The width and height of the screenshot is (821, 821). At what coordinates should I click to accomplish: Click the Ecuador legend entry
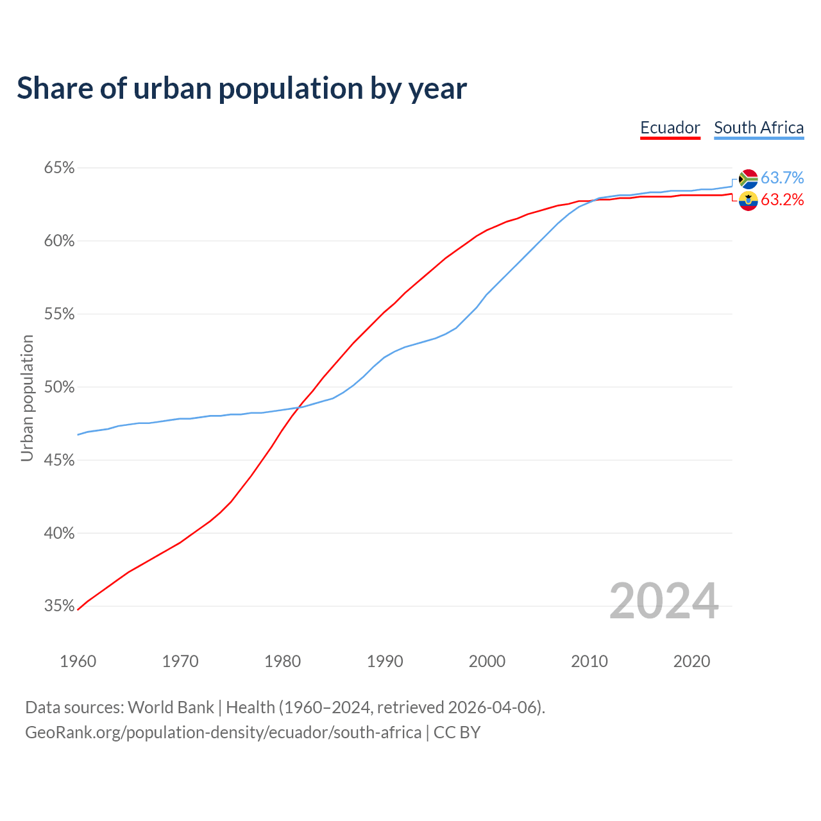[x=670, y=128]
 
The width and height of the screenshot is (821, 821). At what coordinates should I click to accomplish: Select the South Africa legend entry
[x=759, y=128]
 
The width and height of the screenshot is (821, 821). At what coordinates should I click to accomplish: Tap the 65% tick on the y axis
[x=59, y=168]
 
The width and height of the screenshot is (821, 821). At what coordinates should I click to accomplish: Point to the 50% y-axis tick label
[x=59, y=387]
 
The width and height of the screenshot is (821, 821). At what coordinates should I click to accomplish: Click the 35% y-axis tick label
[x=59, y=606]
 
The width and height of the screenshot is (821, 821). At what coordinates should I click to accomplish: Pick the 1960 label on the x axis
[x=78, y=661]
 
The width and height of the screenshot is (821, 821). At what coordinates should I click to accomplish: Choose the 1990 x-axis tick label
[x=385, y=661]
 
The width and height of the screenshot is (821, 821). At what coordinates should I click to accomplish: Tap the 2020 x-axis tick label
[x=691, y=661]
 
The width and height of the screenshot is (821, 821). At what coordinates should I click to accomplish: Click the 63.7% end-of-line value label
[x=782, y=178]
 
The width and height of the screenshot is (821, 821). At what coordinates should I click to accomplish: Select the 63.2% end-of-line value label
[x=782, y=200]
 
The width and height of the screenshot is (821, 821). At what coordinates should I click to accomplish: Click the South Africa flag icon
[x=749, y=179]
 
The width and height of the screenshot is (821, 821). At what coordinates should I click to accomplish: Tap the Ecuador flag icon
[x=749, y=201]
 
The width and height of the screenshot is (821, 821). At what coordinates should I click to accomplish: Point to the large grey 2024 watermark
[x=663, y=602]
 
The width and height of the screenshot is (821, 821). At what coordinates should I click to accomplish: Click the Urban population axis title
[x=27, y=398]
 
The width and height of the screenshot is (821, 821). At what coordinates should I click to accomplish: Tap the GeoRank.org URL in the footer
[x=223, y=732]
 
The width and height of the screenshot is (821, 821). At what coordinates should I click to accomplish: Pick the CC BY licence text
[x=457, y=732]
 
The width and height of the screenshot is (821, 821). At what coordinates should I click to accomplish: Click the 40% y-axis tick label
[x=59, y=534]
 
